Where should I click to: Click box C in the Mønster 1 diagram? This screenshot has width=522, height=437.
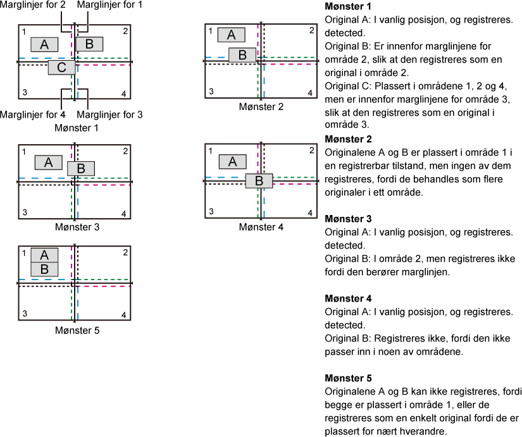[x=61, y=67]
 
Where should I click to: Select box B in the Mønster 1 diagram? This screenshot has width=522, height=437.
[x=89, y=44]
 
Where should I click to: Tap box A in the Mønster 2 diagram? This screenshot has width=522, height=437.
[x=232, y=35]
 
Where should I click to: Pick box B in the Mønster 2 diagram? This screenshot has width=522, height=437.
[x=242, y=55]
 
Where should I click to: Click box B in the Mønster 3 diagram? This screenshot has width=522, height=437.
[x=81, y=168]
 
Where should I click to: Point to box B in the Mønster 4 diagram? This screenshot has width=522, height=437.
[x=259, y=181]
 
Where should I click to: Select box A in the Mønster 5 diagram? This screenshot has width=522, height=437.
[x=44, y=255]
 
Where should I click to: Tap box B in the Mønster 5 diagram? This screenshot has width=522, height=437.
[x=44, y=269]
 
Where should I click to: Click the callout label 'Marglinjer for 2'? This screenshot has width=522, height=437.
[x=33, y=4]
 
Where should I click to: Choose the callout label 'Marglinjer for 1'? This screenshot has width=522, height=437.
[x=109, y=4]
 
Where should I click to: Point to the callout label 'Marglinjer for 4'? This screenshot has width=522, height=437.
[x=33, y=115]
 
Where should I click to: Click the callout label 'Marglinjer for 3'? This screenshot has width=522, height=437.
[x=109, y=115]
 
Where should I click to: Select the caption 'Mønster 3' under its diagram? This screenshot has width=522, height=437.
[x=77, y=227]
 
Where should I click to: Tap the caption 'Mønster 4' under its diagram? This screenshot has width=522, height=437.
[x=261, y=227]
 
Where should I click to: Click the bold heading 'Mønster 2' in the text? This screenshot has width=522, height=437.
[x=348, y=139]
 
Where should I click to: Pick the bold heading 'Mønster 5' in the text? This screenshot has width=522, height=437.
[x=348, y=378]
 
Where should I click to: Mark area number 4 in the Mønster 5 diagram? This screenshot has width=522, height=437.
[x=124, y=314]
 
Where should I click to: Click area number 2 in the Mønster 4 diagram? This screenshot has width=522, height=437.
[x=311, y=150]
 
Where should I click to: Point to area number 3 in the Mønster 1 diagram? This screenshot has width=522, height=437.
[x=25, y=92]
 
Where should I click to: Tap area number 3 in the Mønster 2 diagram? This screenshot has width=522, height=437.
[x=211, y=91]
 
